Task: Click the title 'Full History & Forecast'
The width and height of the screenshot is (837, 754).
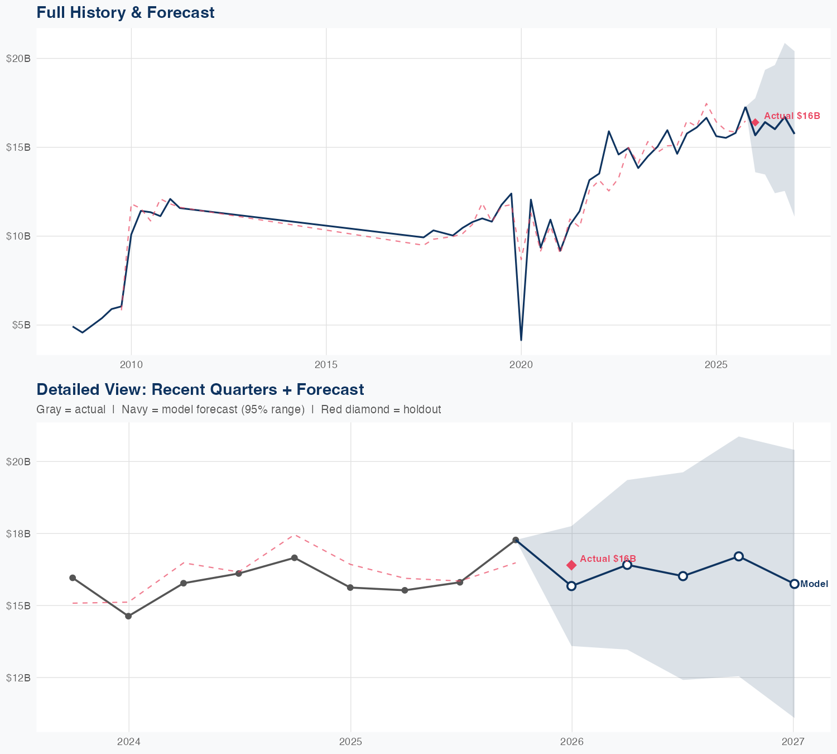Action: (125, 12)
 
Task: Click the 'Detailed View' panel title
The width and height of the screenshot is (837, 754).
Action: (200, 389)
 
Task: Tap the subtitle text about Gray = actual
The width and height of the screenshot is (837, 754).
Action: (238, 409)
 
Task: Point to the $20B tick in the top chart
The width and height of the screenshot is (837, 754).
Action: (18, 59)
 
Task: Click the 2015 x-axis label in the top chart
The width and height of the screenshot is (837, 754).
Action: (326, 365)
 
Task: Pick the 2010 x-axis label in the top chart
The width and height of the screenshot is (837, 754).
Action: (131, 365)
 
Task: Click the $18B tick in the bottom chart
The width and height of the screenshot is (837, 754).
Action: (18, 534)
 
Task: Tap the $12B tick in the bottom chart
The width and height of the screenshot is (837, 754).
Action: (18, 678)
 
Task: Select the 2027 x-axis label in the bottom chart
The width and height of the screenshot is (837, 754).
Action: (793, 742)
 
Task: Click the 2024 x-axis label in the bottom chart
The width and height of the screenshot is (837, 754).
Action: (129, 742)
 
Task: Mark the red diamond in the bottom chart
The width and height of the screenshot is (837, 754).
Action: (571, 565)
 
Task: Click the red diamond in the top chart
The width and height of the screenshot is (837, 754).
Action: (755, 122)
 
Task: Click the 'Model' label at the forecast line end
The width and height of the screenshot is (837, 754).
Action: (814, 584)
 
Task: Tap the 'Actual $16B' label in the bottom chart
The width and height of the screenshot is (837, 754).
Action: (608, 559)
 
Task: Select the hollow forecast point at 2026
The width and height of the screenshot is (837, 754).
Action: (571, 586)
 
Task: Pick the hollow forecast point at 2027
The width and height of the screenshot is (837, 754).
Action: (794, 584)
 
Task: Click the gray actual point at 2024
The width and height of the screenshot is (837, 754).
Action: (128, 616)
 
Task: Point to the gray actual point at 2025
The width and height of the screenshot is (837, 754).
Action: (350, 588)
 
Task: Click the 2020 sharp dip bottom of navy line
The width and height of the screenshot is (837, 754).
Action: (521, 340)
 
